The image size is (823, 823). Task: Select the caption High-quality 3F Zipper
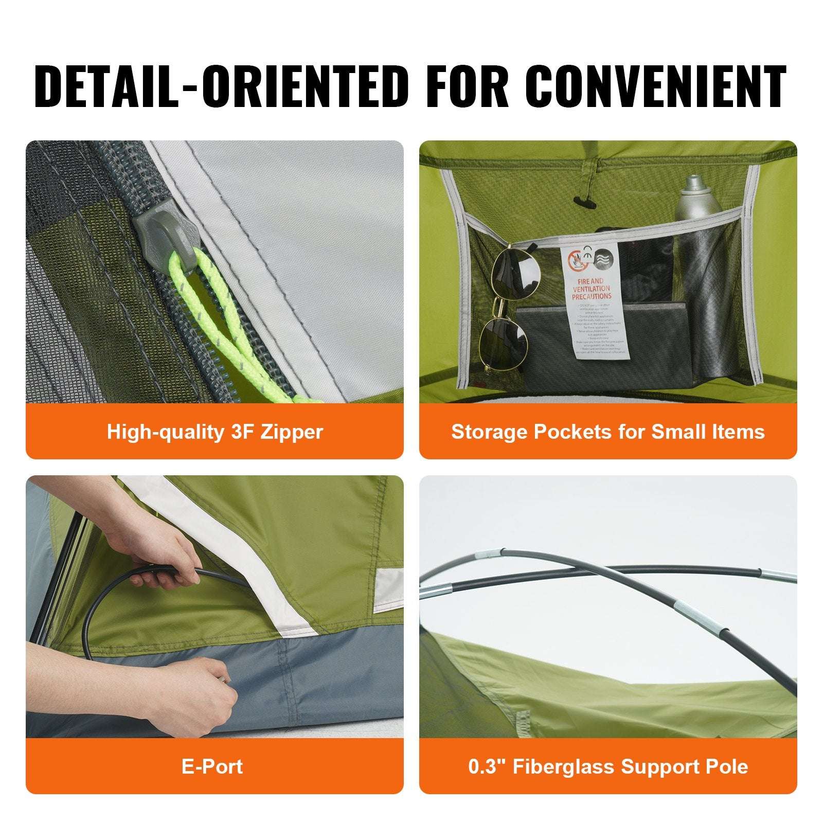[214, 432]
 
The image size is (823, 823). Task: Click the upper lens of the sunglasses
[515, 273]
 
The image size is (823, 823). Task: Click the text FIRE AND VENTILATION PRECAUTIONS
[591, 289]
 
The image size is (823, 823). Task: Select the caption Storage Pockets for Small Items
[608, 432]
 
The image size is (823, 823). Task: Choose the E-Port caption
[212, 766]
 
